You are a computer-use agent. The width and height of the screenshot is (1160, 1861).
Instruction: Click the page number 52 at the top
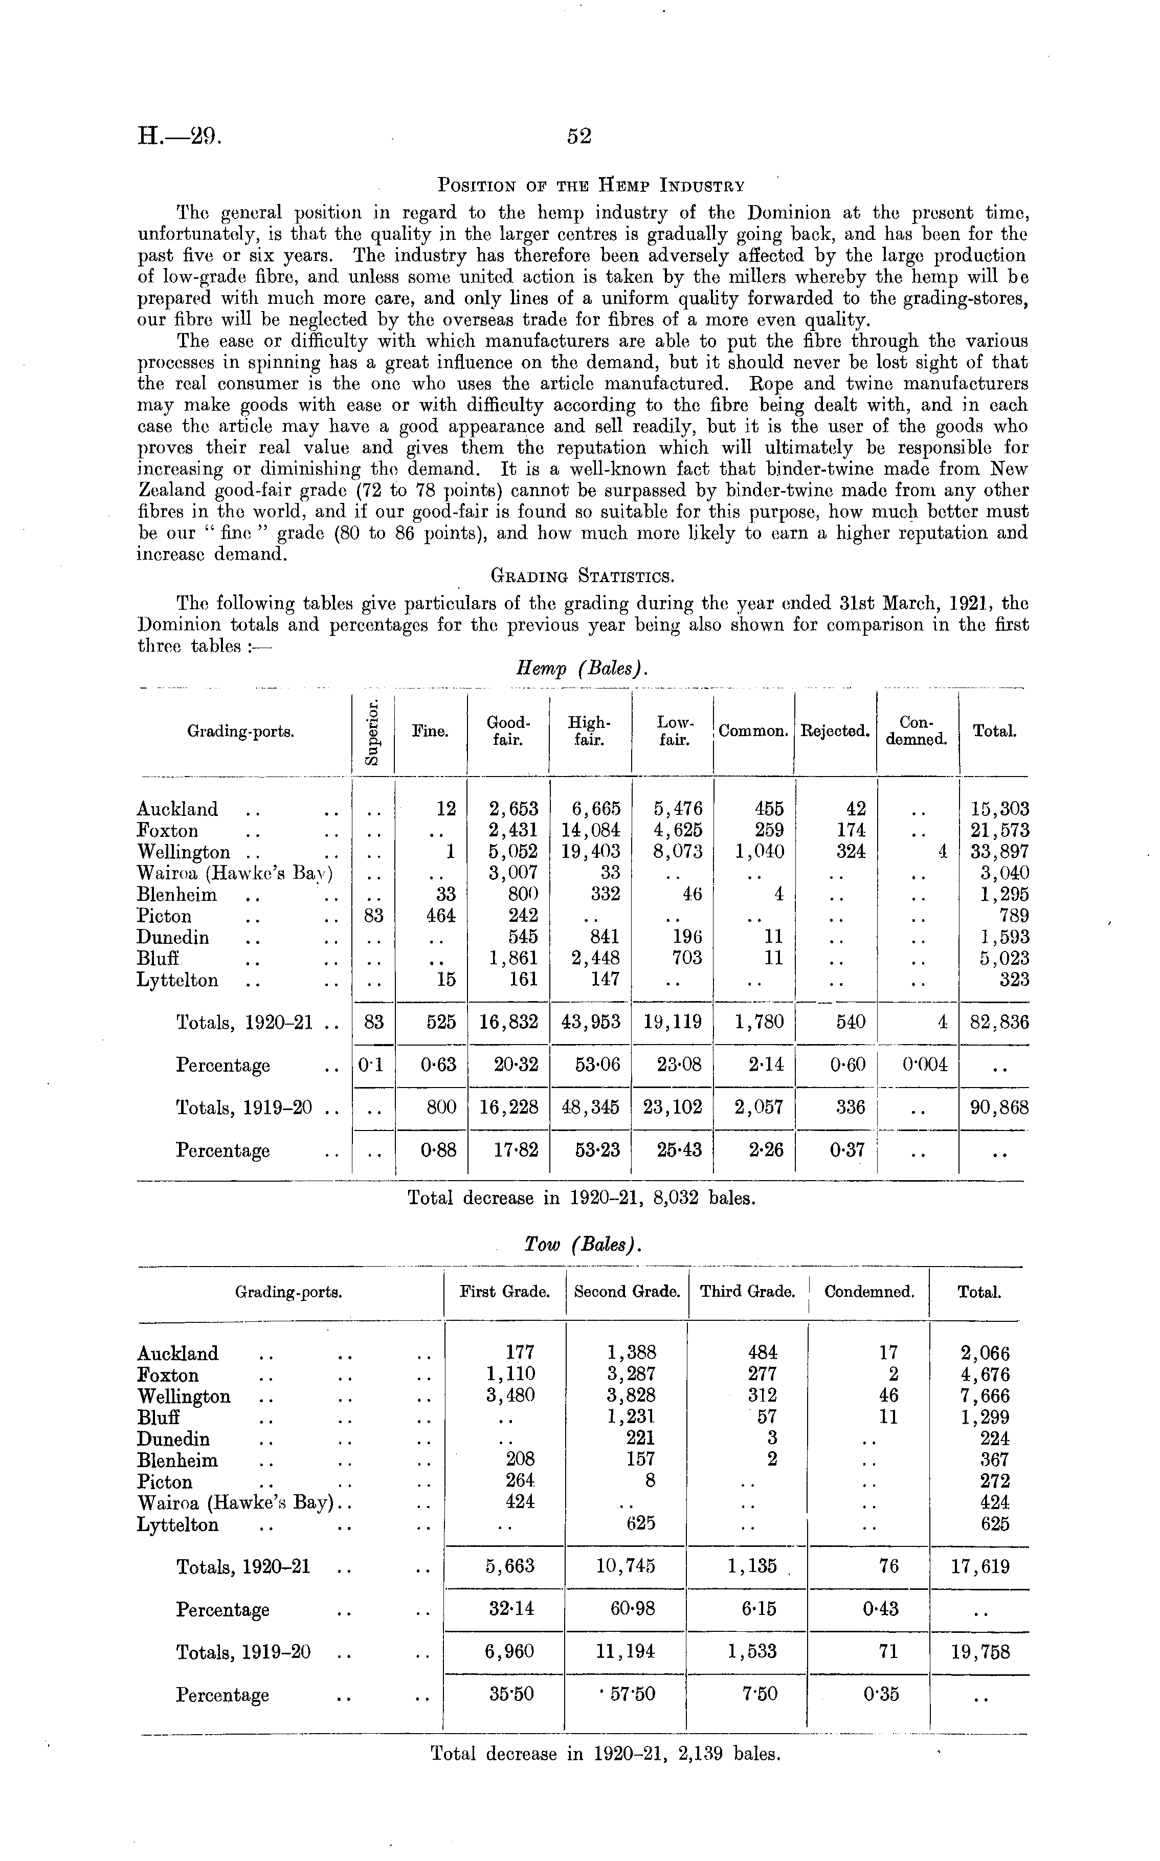pos(579,137)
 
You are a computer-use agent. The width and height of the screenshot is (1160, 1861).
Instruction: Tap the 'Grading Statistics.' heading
pos(582,574)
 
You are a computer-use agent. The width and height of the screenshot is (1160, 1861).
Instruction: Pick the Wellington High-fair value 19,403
pos(590,852)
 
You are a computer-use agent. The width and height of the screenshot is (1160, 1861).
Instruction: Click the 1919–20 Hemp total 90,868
pos(996,1107)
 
